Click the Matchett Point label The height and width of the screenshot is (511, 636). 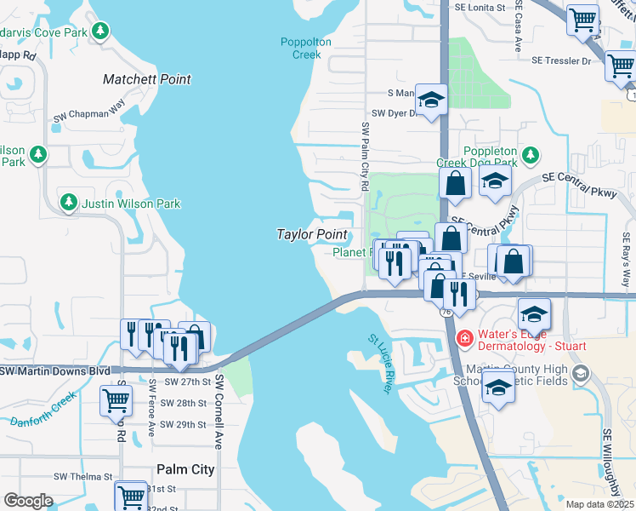click(x=146, y=79)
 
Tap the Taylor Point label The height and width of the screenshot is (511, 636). click(x=310, y=234)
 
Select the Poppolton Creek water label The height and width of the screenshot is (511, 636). click(x=301, y=48)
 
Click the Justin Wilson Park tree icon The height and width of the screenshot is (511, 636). click(x=69, y=203)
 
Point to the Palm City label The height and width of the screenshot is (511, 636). click(x=185, y=469)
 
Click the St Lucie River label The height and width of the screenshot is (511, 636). click(x=379, y=364)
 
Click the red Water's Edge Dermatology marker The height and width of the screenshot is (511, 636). click(x=465, y=338)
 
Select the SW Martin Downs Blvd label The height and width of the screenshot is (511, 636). click(x=56, y=371)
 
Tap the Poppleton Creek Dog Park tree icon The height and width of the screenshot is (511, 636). click(x=531, y=155)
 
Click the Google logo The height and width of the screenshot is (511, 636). click(x=28, y=501)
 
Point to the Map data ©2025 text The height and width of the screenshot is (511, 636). click(x=599, y=504)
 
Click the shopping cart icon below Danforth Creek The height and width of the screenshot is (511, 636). click(x=116, y=399)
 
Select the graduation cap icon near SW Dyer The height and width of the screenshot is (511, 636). click(x=431, y=101)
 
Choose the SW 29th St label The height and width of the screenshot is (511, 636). click(x=184, y=423)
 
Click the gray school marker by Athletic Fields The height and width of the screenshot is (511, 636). click(x=581, y=373)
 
